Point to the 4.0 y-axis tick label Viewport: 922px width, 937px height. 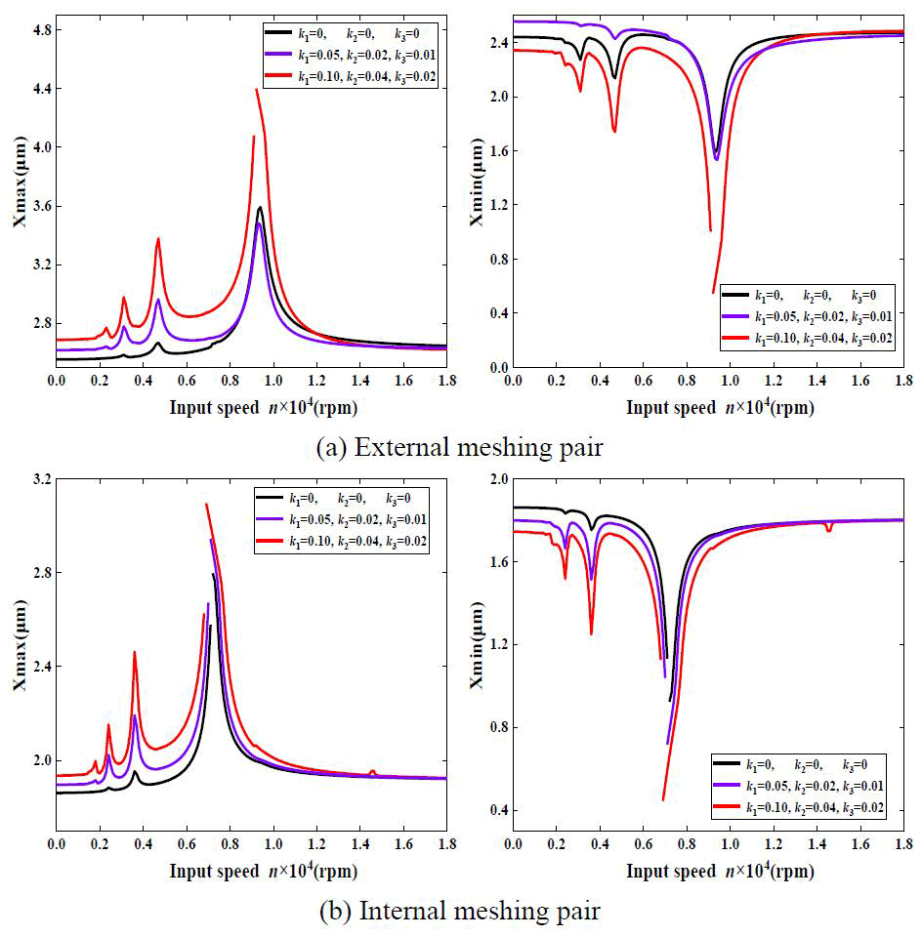click(37, 147)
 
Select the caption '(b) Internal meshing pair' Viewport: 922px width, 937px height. click(460, 912)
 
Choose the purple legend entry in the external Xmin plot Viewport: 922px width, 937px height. click(802, 315)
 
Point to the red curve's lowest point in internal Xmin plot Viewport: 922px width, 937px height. click(663, 800)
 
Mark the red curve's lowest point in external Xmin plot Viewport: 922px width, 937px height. click(714, 292)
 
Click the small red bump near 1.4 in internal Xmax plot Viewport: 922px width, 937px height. click(372, 771)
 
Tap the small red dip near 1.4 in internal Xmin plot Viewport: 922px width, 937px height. click(828, 530)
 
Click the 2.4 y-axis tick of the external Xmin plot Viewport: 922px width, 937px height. click(494, 43)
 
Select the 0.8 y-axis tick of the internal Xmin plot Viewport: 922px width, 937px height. click(494, 727)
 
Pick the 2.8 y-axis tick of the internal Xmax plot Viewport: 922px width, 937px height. click(37, 573)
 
